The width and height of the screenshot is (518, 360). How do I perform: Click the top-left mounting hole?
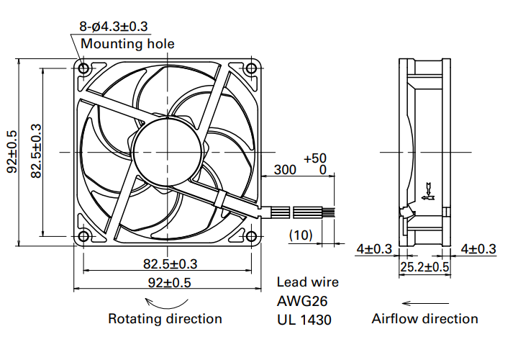pyautogui.click(x=83, y=68)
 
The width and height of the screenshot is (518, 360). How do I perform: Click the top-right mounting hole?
pyautogui.click(x=251, y=68)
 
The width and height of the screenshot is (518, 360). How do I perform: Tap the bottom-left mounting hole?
pyautogui.click(x=83, y=236)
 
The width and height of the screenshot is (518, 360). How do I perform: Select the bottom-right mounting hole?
pyautogui.click(x=251, y=236)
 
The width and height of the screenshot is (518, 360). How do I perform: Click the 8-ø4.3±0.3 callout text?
pyautogui.click(x=114, y=27)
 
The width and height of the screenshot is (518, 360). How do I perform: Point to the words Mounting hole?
pyautogui.click(x=127, y=44)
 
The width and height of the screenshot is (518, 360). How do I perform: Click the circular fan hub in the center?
pyautogui.click(x=167, y=153)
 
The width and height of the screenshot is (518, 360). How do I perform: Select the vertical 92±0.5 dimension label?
pyautogui.click(x=12, y=152)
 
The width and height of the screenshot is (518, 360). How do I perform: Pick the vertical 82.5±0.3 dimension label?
pyautogui.click(x=36, y=151)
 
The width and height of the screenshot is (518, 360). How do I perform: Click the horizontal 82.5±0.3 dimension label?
pyautogui.click(x=170, y=264)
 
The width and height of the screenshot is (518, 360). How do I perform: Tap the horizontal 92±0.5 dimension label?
pyautogui.click(x=170, y=283)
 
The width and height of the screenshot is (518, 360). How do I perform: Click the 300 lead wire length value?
pyautogui.click(x=285, y=170)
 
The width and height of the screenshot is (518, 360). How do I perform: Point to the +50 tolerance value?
pyautogui.click(x=315, y=158)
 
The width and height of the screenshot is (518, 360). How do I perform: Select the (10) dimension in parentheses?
pyautogui.click(x=301, y=235)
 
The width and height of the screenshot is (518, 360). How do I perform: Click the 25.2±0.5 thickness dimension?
pyautogui.click(x=425, y=266)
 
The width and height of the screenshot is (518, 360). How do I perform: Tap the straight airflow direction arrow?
pyautogui.click(x=425, y=303)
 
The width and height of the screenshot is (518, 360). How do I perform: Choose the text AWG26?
pyautogui.click(x=302, y=301)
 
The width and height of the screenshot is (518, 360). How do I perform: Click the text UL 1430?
pyautogui.click(x=304, y=320)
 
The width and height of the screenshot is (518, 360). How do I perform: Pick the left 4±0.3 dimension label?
pyautogui.click(x=374, y=248)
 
